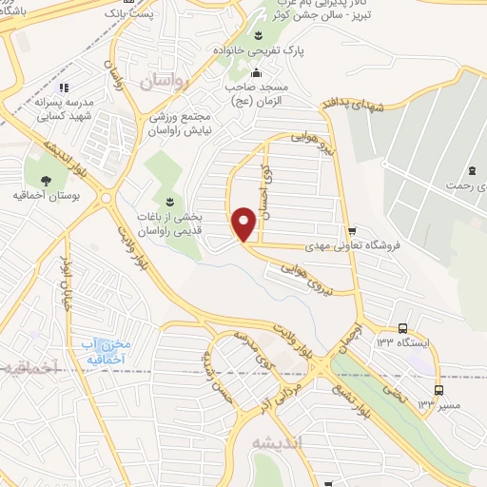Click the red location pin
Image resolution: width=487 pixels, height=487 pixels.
[x=245, y=224]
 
